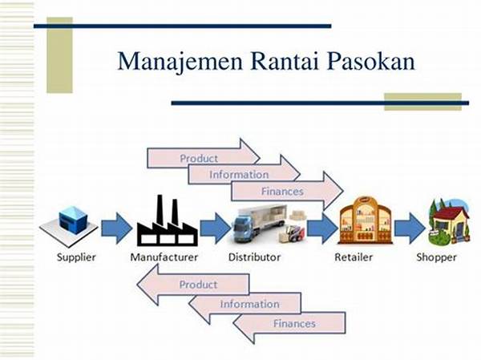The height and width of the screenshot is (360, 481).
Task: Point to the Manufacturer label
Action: click(164, 257)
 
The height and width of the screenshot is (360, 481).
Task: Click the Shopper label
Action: click(436, 257)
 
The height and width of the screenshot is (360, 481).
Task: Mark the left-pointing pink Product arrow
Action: click(192, 285)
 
